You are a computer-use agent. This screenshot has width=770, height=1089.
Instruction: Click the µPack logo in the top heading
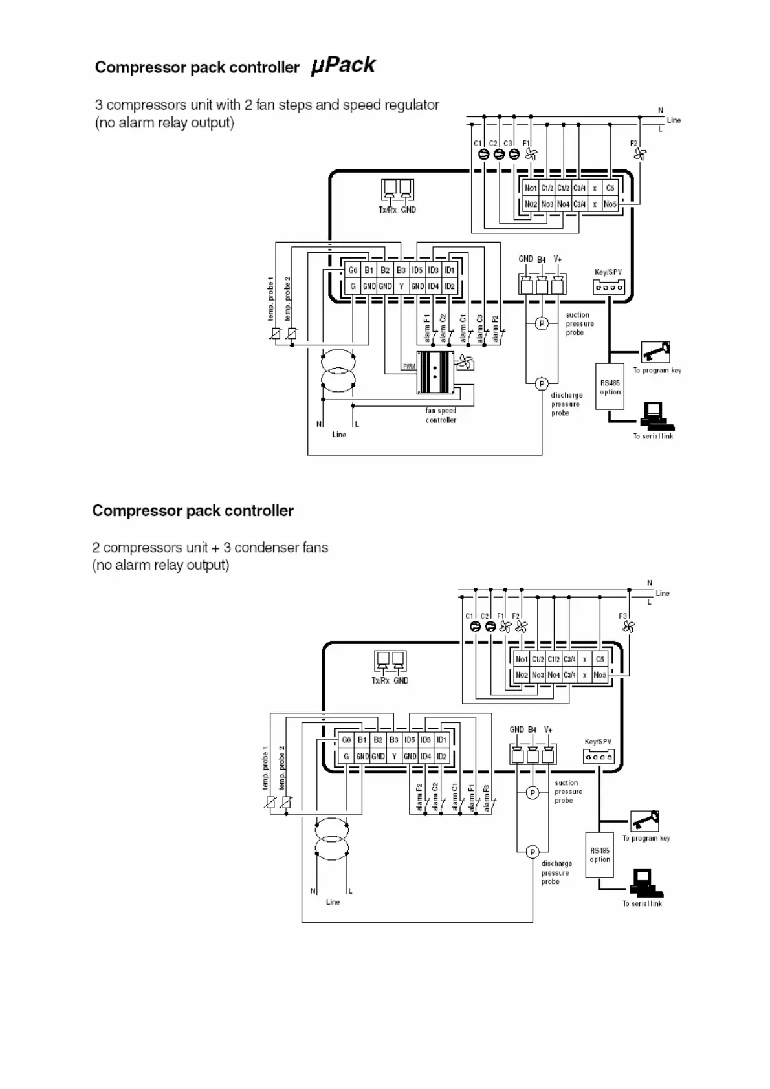[x=343, y=65]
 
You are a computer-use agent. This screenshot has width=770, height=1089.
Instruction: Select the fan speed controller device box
[x=435, y=372]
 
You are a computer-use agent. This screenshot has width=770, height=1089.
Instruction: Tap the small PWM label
[x=409, y=367]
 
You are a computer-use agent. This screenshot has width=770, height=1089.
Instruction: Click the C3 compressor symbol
[x=514, y=154]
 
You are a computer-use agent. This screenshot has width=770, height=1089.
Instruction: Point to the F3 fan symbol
[x=628, y=626]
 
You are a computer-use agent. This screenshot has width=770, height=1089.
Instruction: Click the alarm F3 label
[x=487, y=798]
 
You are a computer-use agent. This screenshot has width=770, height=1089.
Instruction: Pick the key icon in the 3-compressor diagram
[x=655, y=352]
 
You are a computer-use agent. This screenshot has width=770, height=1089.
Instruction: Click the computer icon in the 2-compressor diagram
[x=643, y=881]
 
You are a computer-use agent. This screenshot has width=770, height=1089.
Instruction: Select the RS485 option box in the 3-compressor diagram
[x=610, y=387]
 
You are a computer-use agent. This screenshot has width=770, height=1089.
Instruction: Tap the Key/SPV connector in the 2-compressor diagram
[x=598, y=756]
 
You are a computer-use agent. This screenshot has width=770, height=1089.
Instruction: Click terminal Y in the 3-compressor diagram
[x=401, y=286]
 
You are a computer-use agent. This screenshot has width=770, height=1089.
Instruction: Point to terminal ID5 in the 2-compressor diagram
[x=410, y=740]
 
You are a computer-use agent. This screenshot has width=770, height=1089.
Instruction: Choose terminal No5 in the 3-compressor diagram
[x=610, y=204]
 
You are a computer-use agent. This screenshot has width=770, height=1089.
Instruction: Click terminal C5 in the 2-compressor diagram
[x=600, y=659]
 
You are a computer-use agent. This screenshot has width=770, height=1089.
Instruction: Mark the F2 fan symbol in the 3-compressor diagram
[x=640, y=154]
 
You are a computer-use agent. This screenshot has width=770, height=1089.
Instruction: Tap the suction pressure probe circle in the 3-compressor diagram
[x=542, y=323]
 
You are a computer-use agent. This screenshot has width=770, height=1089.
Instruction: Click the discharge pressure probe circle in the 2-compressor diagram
[x=533, y=852]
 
